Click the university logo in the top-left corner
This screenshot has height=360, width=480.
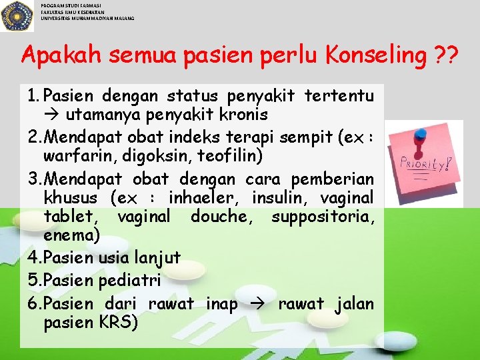tap(17, 15)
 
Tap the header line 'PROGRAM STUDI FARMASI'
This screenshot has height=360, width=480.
tap(71, 5)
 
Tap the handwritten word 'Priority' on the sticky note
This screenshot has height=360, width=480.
tap(425, 162)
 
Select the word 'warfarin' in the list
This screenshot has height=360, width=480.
tap(73, 157)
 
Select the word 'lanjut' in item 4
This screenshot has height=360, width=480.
tap(157, 258)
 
